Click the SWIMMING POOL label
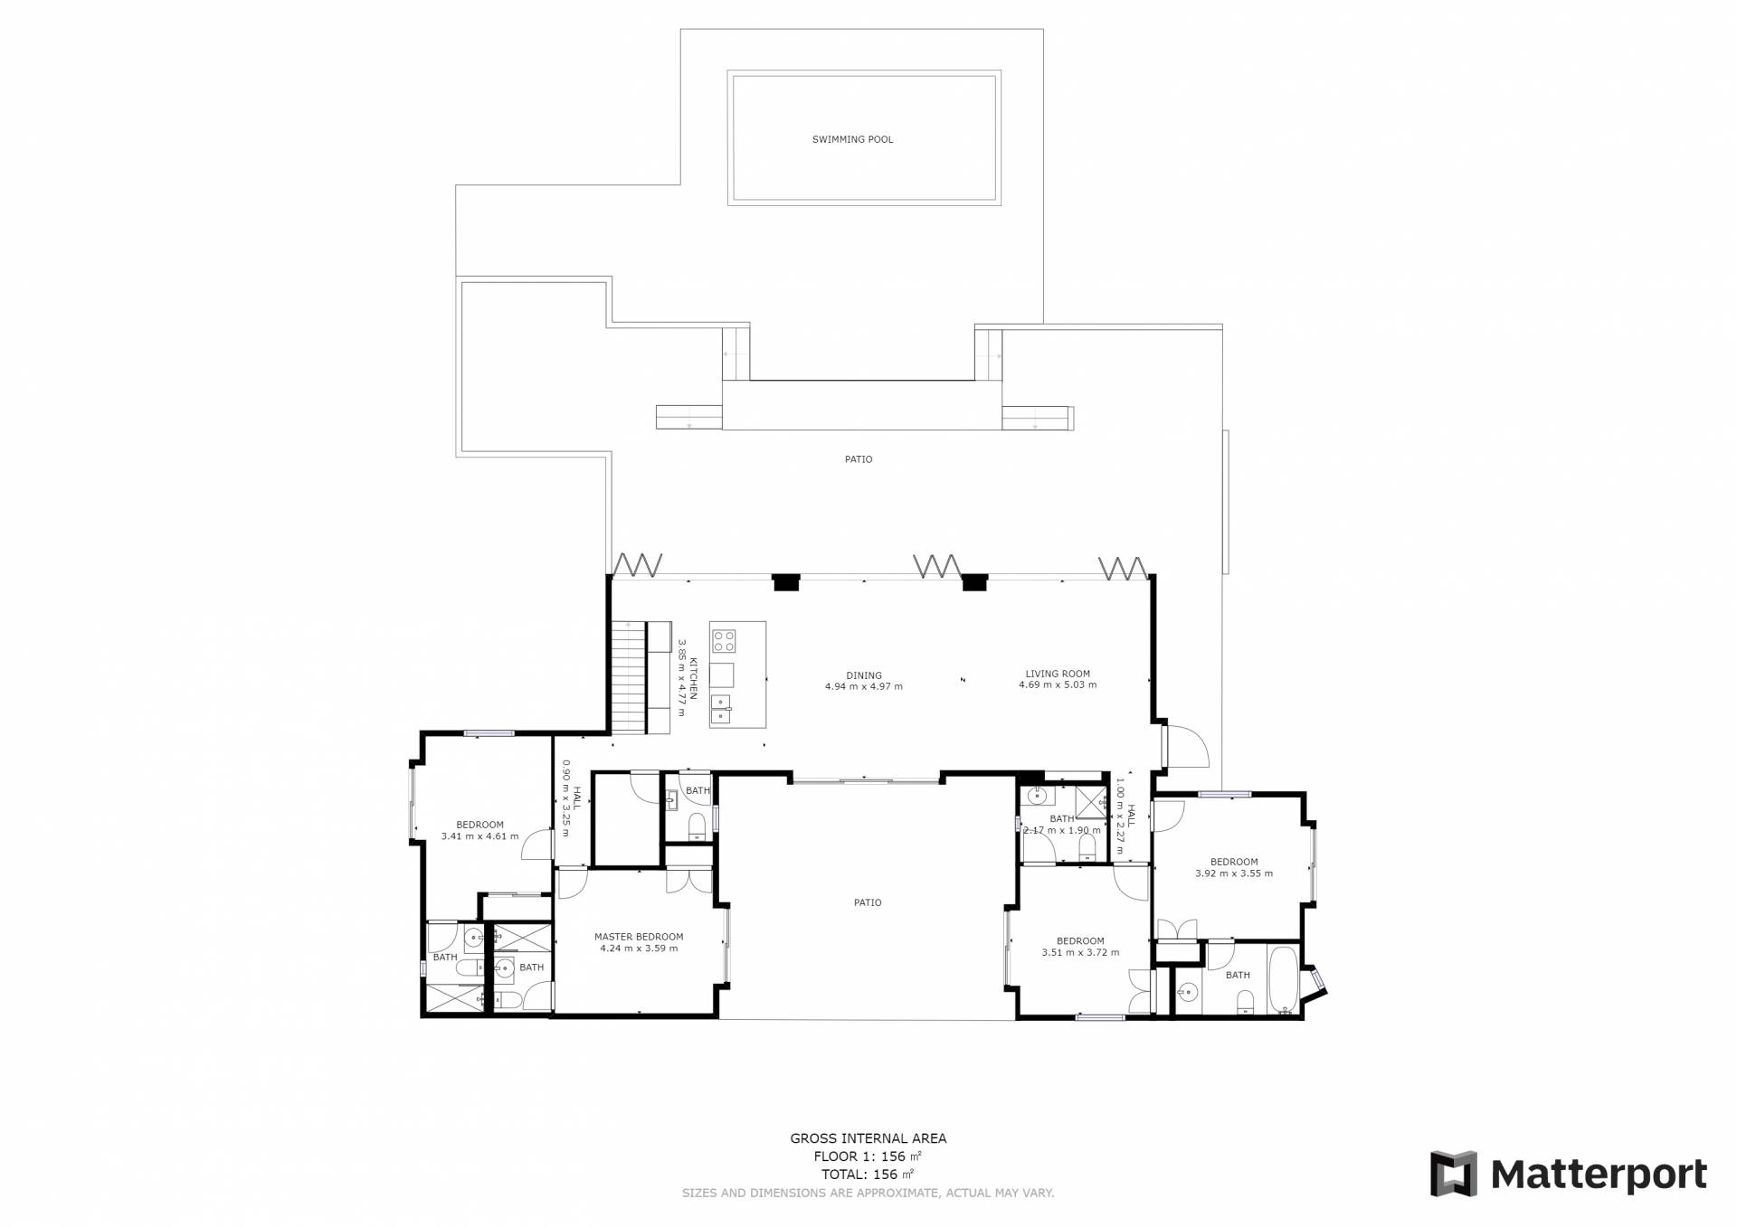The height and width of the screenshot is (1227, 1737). pyautogui.click(x=852, y=139)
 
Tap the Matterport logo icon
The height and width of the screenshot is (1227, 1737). pyautogui.click(x=1453, y=1174)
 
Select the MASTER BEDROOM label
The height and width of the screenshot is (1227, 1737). pyautogui.click(x=639, y=937)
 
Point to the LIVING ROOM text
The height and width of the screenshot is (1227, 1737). pyautogui.click(x=1058, y=674)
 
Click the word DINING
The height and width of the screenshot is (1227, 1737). pyautogui.click(x=864, y=675)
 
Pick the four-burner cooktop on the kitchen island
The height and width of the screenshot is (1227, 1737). pyautogui.click(x=724, y=641)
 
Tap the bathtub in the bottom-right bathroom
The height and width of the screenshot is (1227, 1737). pyautogui.click(x=1283, y=979)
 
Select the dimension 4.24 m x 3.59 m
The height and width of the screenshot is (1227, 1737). pyautogui.click(x=639, y=949)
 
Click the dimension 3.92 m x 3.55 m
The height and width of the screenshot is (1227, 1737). pyautogui.click(x=1234, y=873)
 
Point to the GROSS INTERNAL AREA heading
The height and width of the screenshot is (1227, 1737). pyautogui.click(x=868, y=1138)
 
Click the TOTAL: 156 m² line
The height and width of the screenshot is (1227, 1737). pyautogui.click(x=868, y=1175)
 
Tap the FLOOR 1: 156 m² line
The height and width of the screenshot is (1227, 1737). pyautogui.click(x=868, y=1156)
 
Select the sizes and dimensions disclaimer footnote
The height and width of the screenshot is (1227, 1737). pyautogui.click(x=868, y=1194)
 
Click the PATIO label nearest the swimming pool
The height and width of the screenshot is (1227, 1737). pyautogui.click(x=859, y=459)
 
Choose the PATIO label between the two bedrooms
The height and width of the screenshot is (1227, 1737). pyautogui.click(x=868, y=902)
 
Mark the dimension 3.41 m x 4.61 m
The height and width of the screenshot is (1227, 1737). pyautogui.click(x=479, y=836)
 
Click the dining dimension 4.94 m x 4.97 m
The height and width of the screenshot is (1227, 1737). pyautogui.click(x=864, y=686)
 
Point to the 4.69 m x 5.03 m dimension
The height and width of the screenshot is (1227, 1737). pyautogui.click(x=1058, y=684)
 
